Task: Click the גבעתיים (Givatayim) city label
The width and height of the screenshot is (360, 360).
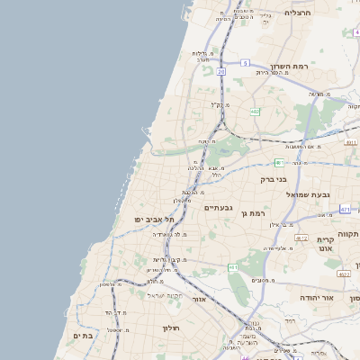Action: tap(219, 208)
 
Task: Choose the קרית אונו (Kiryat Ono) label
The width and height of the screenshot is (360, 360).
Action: tap(326, 245)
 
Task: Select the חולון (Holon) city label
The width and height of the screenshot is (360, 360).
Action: tap(171, 328)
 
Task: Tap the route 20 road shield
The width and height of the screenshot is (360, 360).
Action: tap(220, 70)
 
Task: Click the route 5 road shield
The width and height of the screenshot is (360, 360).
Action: tap(245, 63)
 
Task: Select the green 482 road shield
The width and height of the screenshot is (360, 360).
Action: tap(255, 112)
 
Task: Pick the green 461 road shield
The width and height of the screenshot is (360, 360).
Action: tap(233, 267)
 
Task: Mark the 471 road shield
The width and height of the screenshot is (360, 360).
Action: tap(345, 208)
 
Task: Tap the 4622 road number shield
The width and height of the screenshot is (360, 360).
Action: tap(344, 274)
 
